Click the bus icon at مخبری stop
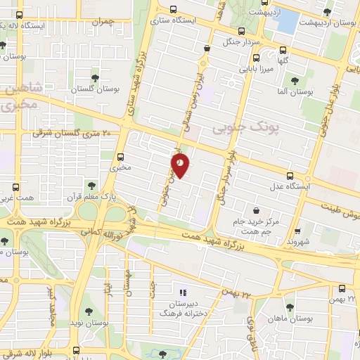(122, 157)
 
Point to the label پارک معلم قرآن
(90, 196)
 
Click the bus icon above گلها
(283, 50)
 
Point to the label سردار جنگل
(241, 41)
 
